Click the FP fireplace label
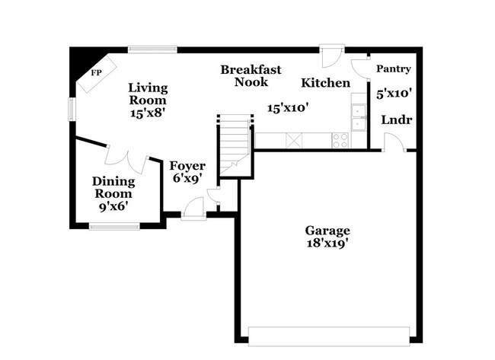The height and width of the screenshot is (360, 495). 97,73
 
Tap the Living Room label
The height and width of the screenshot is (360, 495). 148,93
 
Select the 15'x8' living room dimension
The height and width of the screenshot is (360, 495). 148,112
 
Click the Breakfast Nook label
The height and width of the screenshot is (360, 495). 251,75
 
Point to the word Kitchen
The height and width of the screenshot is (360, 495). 325,82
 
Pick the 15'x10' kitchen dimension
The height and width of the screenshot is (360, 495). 286,108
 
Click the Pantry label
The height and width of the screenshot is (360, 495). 394,68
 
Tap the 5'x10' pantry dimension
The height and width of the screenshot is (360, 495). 394,94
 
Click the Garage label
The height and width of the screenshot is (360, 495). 327,230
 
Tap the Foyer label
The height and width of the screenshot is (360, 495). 187,166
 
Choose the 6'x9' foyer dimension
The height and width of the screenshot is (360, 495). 187,180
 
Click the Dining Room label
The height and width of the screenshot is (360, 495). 113,187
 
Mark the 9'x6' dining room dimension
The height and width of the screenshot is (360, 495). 113,205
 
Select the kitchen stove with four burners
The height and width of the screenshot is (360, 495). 340,140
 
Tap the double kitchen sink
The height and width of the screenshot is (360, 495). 357,118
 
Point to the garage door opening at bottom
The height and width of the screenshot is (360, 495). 328,336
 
